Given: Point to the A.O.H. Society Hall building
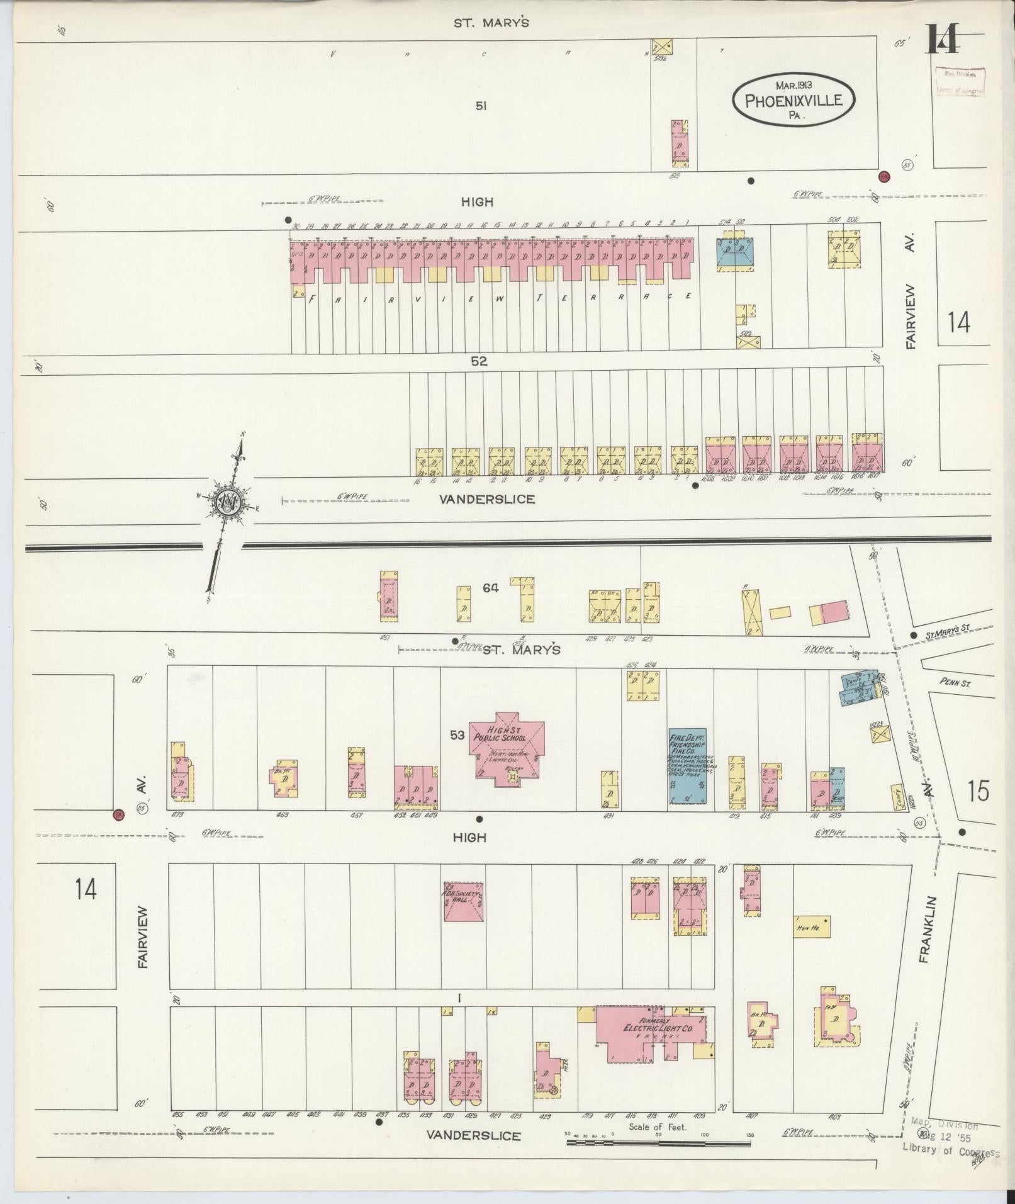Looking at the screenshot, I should [x=463, y=901].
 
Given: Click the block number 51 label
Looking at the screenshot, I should [x=481, y=106].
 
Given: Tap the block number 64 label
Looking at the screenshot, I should [x=491, y=588].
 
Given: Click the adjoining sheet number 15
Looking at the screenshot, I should [x=979, y=790].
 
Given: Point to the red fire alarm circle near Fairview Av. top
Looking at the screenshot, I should [x=884, y=176].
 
